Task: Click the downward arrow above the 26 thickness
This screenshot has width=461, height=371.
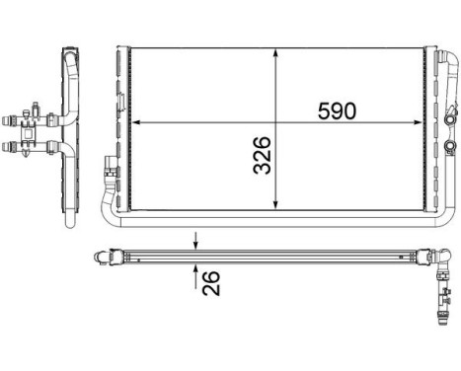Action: pyautogui.click(x=195, y=243)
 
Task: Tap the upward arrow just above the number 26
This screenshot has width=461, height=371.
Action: pyautogui.click(x=195, y=269)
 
